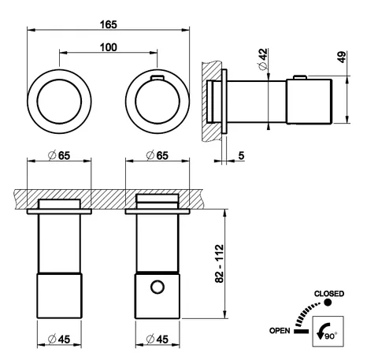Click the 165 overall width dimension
click(109, 24)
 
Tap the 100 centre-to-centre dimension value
click(109, 47)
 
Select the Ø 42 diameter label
click(263, 59)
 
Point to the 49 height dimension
click(342, 57)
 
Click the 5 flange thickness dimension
click(241, 155)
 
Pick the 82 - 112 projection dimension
click(220, 264)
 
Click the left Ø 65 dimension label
click(59, 155)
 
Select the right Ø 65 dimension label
click(157, 155)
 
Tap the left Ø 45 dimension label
click(59, 340)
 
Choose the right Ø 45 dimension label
click(157, 340)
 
